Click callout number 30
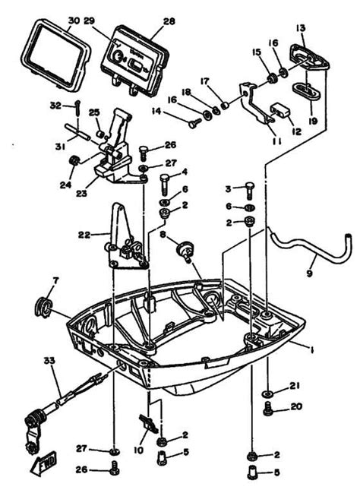click(x=73, y=20)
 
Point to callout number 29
click(x=110, y=20)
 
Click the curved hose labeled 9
click(x=304, y=251)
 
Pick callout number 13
click(x=301, y=28)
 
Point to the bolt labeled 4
click(x=165, y=185)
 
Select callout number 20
click(x=296, y=406)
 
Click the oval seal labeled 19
click(x=307, y=93)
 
